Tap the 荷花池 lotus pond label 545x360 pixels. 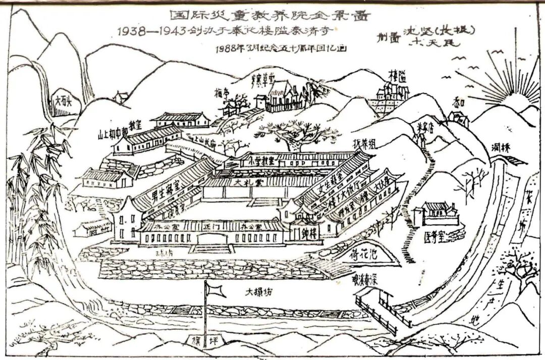(363, 255)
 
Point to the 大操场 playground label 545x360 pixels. (258, 292)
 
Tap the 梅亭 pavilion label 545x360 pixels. (222, 93)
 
